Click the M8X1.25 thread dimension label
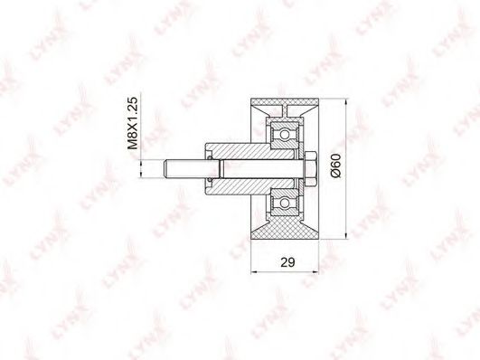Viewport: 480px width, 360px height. [x=133, y=123]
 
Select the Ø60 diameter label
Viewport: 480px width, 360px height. [x=335, y=166]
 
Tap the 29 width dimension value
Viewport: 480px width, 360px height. [x=287, y=262]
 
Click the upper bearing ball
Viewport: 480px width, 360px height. [x=285, y=135]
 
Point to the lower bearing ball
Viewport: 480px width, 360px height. [x=285, y=203]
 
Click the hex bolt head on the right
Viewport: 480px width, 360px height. [x=310, y=168]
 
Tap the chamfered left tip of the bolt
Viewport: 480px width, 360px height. [x=165, y=169]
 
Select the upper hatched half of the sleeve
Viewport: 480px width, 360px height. [x=251, y=151]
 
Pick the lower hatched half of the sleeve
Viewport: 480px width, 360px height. [x=251, y=186]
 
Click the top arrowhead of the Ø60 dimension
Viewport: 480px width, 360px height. [x=346, y=101]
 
